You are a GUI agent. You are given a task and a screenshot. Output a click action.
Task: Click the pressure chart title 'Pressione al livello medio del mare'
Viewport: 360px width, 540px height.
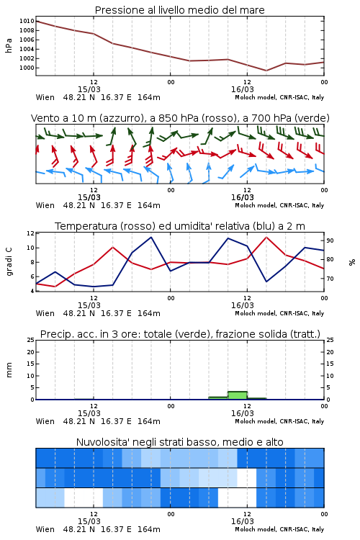pos(179,10)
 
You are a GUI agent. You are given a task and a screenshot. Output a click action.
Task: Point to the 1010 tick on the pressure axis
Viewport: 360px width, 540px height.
pos(27,21)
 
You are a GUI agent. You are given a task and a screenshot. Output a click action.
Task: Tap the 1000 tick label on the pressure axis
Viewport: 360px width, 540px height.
pos(27,68)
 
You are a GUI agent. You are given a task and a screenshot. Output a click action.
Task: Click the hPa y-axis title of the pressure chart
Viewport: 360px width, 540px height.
pos(9,45)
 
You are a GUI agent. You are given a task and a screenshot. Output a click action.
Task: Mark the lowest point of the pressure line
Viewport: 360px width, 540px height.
pos(266,71)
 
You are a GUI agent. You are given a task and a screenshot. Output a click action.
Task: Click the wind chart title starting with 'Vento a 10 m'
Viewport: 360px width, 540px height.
pos(180,118)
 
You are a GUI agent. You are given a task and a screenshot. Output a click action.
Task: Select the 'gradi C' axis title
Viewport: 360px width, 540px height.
pos(9,262)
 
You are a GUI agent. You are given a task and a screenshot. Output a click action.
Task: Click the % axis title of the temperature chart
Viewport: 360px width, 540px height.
pos(352,262)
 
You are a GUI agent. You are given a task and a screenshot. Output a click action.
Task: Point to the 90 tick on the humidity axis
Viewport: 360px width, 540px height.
pos(330,240)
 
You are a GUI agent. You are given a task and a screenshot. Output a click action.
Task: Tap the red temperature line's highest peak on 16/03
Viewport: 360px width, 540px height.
pos(266,237)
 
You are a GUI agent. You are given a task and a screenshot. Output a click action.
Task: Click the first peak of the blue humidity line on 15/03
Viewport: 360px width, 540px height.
pos(55,272)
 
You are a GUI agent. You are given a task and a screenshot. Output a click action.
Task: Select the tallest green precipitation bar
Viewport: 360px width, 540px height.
pos(238,395)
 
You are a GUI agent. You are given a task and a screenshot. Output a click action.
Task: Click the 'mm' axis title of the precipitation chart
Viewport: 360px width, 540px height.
pos(9,370)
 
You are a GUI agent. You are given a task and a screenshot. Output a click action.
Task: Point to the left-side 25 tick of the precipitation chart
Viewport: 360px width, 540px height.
pos(31,340)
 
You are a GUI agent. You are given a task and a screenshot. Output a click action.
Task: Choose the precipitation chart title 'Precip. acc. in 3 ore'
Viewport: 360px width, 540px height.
pos(180,334)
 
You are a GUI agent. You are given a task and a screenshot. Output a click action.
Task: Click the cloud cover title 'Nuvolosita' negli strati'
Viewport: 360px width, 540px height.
pos(179,442)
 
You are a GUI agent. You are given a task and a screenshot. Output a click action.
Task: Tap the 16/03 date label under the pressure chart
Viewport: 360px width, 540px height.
pos(243,89)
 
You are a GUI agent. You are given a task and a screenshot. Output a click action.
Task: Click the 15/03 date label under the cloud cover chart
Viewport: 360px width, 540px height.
pos(89,521)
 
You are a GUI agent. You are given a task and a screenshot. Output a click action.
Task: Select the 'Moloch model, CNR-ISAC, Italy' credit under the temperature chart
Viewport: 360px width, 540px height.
pos(279,313)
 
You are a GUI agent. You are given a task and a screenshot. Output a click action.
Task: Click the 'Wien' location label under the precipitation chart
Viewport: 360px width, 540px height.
pos(45,421)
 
